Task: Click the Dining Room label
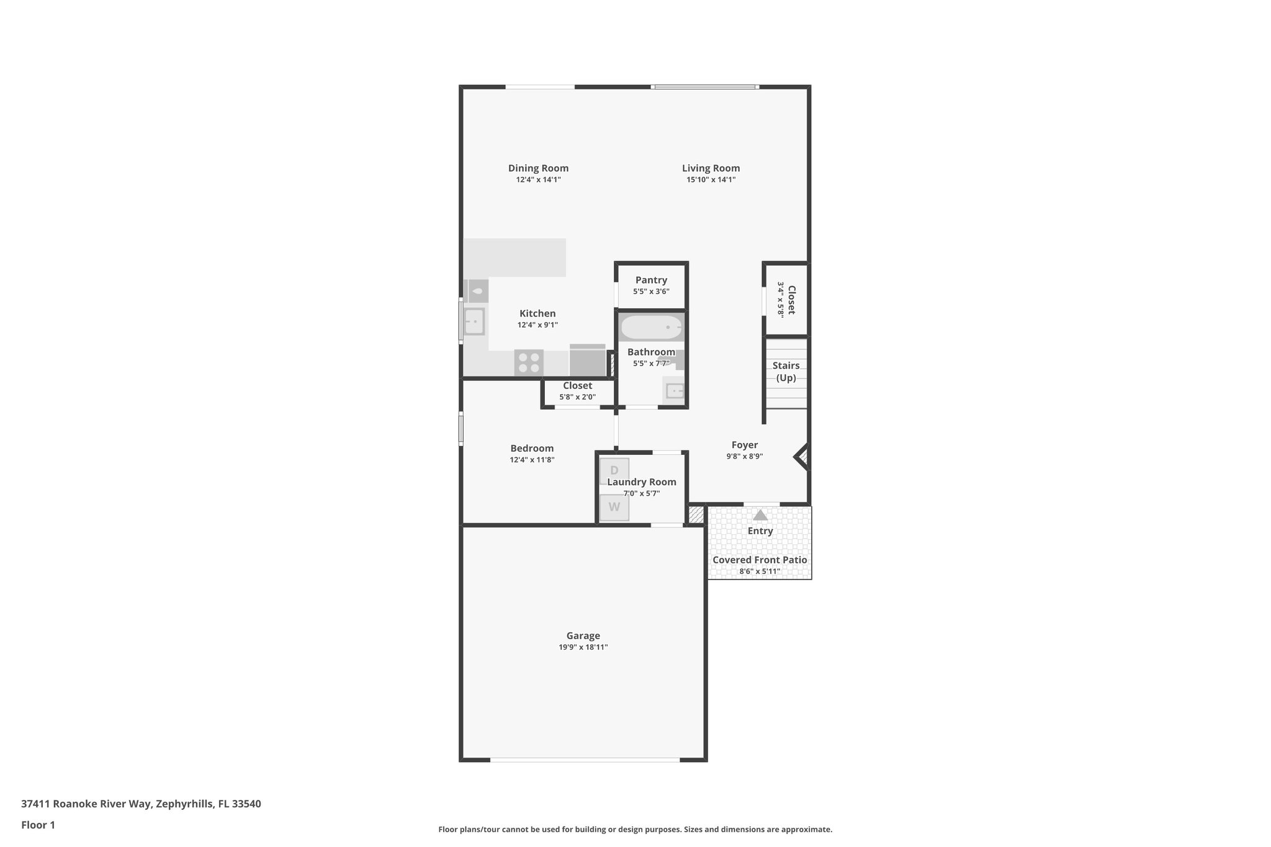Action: [538, 168]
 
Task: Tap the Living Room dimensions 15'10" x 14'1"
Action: [711, 180]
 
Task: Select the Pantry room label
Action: [651, 280]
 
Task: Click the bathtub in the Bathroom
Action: [651, 327]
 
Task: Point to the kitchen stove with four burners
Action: [529, 362]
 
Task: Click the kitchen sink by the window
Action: [474, 321]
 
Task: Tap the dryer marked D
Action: [614, 470]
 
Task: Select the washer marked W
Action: [614, 507]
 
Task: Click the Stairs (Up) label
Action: [786, 371]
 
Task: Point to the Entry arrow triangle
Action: [760, 515]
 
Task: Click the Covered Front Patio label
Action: [760, 560]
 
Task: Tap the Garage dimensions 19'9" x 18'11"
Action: [583, 647]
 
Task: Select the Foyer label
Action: [744, 445]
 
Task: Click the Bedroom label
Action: [532, 448]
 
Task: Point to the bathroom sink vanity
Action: [673, 391]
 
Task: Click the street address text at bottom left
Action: [141, 804]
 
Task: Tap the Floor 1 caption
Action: [38, 825]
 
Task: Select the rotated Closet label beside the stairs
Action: [791, 300]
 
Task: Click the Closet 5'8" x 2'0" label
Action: [577, 386]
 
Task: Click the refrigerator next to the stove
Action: [587, 361]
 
